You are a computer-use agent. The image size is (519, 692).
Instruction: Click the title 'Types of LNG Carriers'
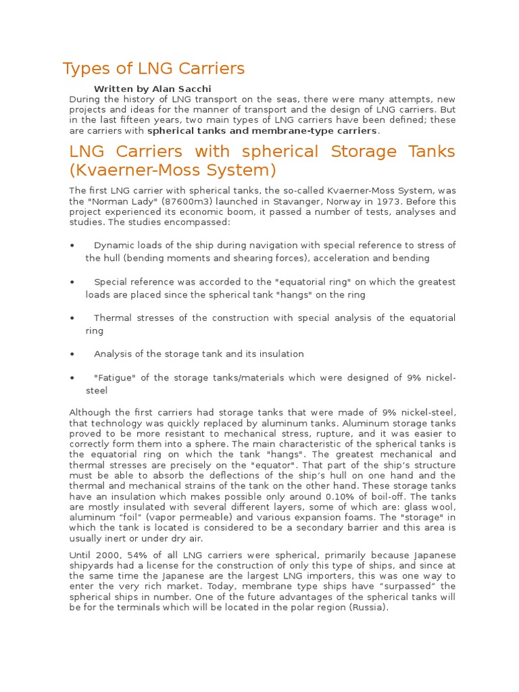[153, 68]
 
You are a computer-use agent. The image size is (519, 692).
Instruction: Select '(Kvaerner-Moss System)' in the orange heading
[173, 170]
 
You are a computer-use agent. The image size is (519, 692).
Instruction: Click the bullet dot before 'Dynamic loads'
[72, 245]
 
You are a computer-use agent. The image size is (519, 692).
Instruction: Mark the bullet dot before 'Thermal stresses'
[72, 318]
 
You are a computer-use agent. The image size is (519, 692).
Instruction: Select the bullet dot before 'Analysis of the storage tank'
[72, 354]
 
